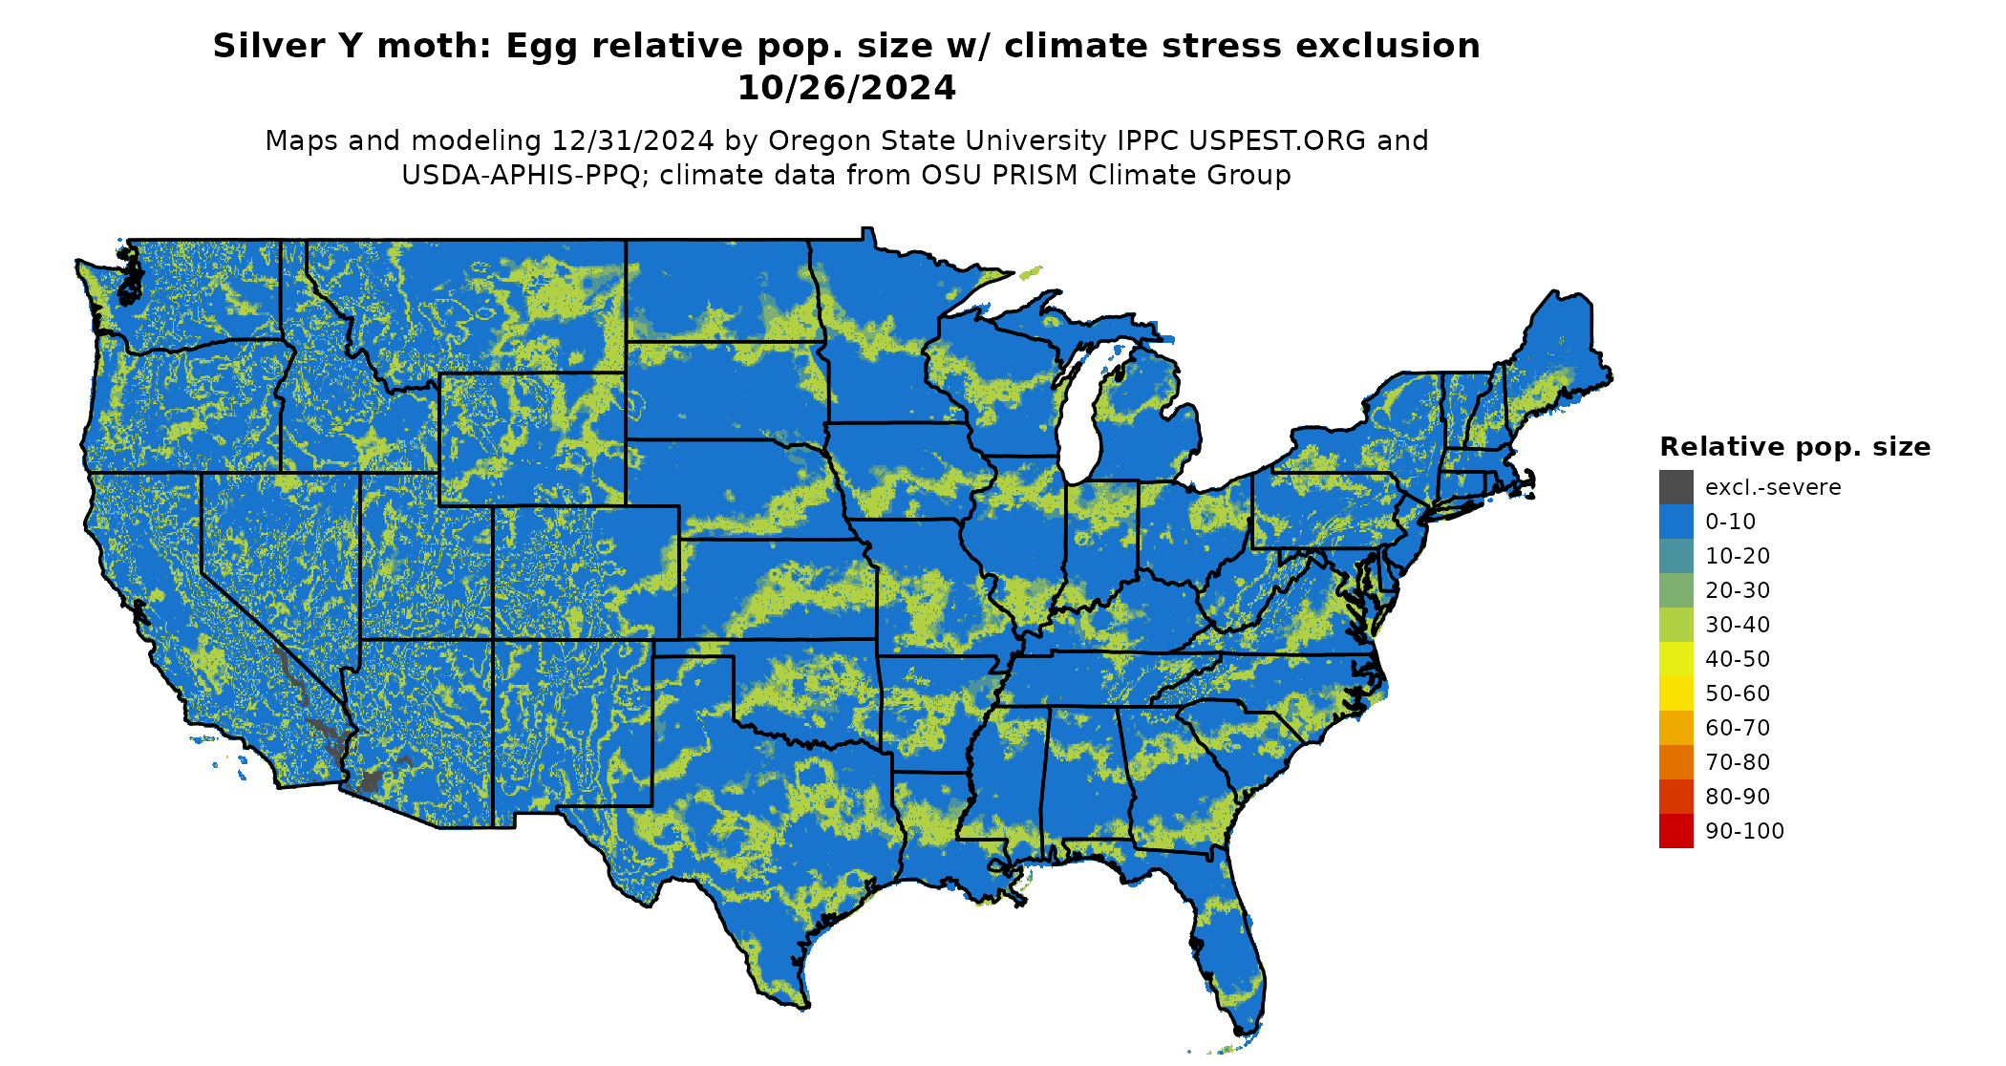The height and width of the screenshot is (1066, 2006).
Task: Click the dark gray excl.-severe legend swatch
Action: coord(1675,487)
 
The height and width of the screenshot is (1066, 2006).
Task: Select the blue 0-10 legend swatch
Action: coord(1675,522)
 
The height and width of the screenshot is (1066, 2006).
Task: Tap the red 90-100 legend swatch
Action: coord(1675,831)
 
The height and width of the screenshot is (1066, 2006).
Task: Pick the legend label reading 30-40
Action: coord(1737,625)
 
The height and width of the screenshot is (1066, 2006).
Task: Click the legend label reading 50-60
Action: coord(1737,693)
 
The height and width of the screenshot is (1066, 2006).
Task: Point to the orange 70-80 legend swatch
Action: coord(1675,762)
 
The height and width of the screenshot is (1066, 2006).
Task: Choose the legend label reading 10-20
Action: coord(1737,556)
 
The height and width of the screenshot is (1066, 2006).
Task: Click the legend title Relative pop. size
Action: coord(1794,447)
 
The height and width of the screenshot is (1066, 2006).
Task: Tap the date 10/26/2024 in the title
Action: coord(846,88)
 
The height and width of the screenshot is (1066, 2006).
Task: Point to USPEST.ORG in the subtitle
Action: coord(1277,140)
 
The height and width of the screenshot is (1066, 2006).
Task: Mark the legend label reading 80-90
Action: coord(1737,797)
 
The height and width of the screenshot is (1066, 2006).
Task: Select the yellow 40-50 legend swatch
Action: coord(1675,659)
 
